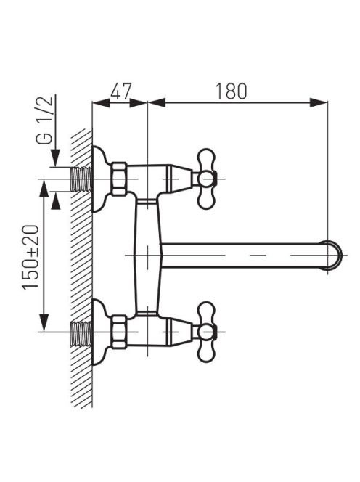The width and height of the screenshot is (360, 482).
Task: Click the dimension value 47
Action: [x=120, y=91]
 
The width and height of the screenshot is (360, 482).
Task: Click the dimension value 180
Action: [x=231, y=91]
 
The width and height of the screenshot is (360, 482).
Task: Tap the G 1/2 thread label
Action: [x=45, y=120]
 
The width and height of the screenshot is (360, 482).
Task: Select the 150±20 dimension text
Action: [x=30, y=257]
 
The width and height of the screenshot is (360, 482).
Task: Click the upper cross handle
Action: [x=207, y=179]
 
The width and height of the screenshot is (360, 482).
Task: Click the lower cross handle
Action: [x=207, y=332]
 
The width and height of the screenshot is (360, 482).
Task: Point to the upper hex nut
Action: [x=118, y=179]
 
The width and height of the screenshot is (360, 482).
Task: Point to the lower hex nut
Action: [x=118, y=332]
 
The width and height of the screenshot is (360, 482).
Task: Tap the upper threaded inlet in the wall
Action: [x=81, y=179]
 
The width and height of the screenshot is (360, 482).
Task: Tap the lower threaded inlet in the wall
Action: [x=81, y=333]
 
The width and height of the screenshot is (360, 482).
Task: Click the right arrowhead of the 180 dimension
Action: [x=319, y=102]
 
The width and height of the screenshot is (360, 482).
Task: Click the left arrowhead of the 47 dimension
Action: [x=101, y=103]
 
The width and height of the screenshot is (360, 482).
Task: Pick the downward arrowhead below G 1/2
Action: [x=55, y=158]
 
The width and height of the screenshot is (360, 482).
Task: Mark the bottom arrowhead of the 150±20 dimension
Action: [x=44, y=322]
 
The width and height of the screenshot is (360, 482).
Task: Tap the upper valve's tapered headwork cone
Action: [x=180, y=179]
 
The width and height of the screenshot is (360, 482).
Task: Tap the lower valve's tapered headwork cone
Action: [x=180, y=332]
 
